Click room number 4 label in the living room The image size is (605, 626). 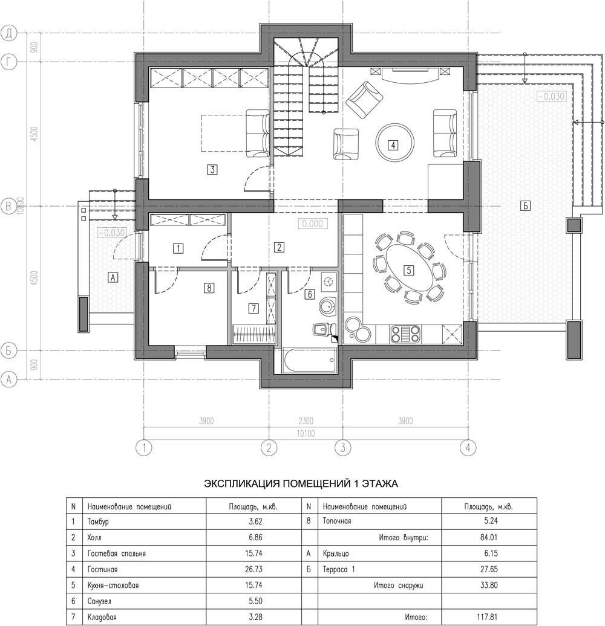tap(393, 145)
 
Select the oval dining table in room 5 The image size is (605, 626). tap(409, 270)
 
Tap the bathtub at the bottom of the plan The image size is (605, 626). tap(310, 360)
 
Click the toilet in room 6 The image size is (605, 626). tap(323, 329)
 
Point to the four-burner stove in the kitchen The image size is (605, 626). tap(405, 334)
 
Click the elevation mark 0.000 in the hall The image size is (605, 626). tap(313, 224)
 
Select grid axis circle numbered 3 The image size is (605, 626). tap(343, 448)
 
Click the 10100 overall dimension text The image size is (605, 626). tap(306, 434)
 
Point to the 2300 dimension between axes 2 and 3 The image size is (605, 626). tap(306, 421)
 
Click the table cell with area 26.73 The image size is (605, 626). tap(253, 569)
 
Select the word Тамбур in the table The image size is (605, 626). tap(98, 522)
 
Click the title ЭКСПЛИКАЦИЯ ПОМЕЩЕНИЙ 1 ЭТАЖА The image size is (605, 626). tap(301, 484)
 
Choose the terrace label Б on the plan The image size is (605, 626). tap(526, 206)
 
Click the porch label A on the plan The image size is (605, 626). tap(113, 277)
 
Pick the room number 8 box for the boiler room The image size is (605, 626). tap(209, 288)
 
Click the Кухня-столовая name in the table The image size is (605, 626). tap(113, 586)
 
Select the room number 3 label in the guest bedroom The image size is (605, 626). tap(212, 169)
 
